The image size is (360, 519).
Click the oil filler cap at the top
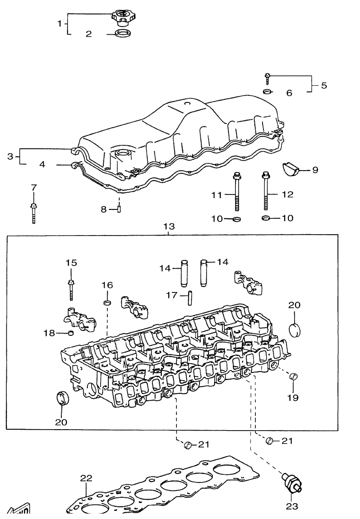(121, 19)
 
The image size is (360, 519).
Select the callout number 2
(89, 34)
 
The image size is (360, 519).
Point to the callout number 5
(324, 85)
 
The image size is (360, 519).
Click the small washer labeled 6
(267, 92)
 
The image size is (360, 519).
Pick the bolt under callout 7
(34, 212)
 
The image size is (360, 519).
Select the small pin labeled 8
(120, 209)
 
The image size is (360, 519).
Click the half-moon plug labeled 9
(292, 169)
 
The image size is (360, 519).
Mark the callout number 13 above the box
(169, 226)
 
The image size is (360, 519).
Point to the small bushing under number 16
(107, 301)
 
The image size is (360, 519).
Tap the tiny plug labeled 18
(71, 334)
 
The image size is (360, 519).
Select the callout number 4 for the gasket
(42, 165)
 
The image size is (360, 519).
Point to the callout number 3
(10, 157)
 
